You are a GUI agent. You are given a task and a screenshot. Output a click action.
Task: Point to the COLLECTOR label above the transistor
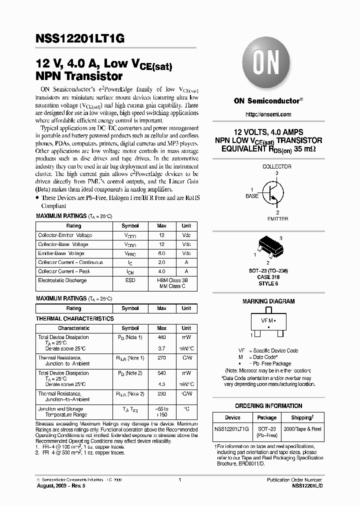click(x=276, y=166)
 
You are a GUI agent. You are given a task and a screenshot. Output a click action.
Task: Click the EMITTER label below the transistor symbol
click(x=277, y=218)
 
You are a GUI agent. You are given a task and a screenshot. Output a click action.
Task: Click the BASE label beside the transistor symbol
click(x=252, y=196)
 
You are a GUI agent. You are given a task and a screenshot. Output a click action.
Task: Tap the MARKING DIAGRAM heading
click(x=268, y=301)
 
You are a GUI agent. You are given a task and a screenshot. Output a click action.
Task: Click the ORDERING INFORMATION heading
click(x=268, y=406)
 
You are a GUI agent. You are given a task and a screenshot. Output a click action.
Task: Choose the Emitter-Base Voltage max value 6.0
click(x=161, y=253)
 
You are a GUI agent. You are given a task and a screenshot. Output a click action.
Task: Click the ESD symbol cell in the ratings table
click(x=130, y=280)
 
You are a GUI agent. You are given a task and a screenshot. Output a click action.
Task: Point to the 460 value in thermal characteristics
click(x=161, y=337)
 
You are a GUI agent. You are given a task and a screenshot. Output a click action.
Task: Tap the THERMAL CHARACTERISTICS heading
click(x=75, y=318)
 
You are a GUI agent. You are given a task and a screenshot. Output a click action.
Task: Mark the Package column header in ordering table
click(x=266, y=417)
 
